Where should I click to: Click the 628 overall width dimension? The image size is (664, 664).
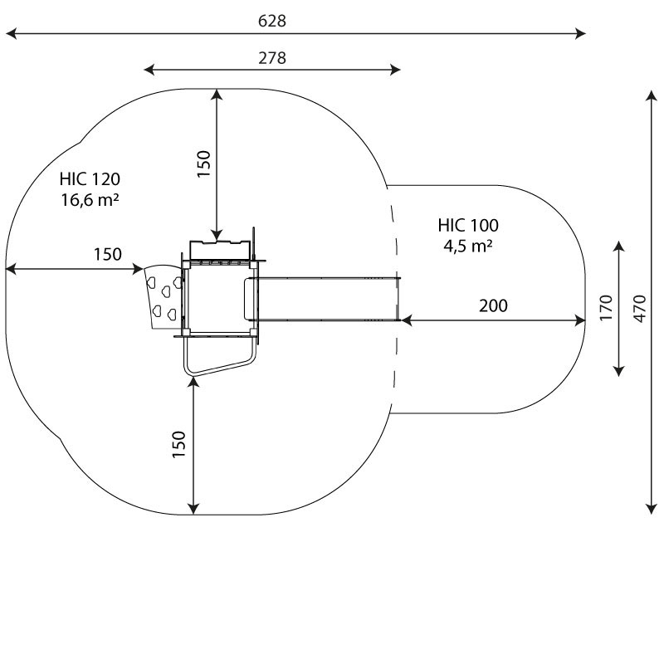272,20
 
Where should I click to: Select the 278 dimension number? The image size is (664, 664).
272,57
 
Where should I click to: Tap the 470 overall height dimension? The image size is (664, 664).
640,308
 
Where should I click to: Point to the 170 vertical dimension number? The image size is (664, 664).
607,308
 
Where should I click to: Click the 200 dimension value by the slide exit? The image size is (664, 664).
493,305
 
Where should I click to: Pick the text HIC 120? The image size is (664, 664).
90,179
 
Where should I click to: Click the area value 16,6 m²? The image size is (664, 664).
90,200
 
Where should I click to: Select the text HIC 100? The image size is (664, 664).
468,225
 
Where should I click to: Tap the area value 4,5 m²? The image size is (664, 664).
468,246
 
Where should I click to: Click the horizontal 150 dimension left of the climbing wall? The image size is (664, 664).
108,254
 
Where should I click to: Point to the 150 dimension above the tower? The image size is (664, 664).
204,164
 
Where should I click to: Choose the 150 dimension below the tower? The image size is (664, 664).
179,444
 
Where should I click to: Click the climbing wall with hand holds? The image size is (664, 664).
164,296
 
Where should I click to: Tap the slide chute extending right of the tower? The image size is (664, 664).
323,299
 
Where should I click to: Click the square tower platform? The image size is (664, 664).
219,298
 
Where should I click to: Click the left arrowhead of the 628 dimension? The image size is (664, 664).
11,33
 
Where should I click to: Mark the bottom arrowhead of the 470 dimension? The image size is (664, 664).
651,509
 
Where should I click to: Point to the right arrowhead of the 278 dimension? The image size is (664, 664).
395,70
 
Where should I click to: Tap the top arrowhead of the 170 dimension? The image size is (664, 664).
619,247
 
